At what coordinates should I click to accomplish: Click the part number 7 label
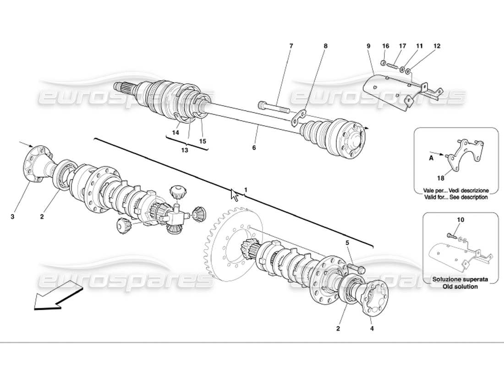(291, 46)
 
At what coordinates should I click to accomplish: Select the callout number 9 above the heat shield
(368, 46)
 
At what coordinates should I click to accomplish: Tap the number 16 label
(385, 46)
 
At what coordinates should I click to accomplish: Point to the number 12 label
(437, 46)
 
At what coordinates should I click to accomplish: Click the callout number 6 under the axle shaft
(254, 148)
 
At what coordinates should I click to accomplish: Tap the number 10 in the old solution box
(460, 220)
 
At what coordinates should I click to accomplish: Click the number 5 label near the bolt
(347, 243)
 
